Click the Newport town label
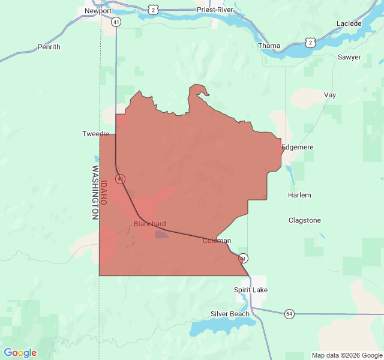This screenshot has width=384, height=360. tap(98, 11)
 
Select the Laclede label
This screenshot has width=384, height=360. tap(349, 23)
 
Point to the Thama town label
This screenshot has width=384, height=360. tap(269, 46)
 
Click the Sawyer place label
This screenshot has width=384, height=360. tap(349, 57)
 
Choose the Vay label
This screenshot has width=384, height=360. tap(330, 95)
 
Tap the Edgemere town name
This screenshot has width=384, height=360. tap(298, 147)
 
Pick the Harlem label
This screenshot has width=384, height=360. tap(299, 196)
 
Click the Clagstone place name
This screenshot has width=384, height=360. tap(305, 220)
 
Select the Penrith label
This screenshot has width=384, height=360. tap(49, 47)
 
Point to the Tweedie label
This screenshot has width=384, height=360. tap(95, 134)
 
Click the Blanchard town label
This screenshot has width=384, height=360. tap(149, 224)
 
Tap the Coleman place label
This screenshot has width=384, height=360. tap(217, 241)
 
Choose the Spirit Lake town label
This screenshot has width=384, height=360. tap(251, 290)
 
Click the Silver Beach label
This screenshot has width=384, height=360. tap(230, 314)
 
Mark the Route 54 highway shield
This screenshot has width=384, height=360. tap(290, 314)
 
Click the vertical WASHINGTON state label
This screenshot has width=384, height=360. tap(95, 192)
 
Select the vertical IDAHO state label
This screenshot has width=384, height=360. tap(103, 193)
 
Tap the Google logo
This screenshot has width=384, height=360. tap(20, 353)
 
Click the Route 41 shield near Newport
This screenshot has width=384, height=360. tap(116, 22)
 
